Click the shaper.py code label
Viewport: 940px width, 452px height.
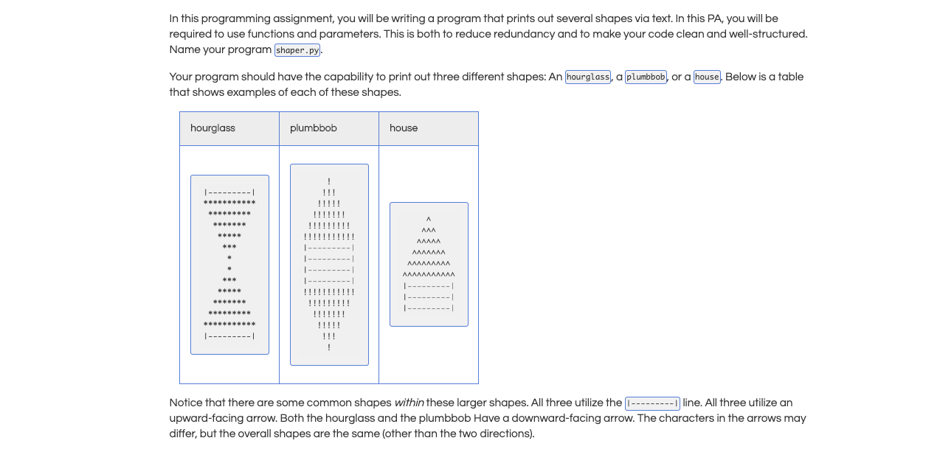coord(298,50)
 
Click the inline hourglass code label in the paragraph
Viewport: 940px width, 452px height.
coord(588,77)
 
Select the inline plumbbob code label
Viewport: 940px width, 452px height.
coord(646,77)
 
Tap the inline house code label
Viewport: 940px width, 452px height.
coord(707,77)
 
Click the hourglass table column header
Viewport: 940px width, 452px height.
coord(213,128)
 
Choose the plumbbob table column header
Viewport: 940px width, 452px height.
coord(314,128)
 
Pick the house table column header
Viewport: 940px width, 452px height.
coord(404,128)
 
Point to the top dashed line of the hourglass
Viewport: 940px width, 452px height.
coord(229,192)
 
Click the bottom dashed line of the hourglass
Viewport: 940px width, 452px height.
coord(229,336)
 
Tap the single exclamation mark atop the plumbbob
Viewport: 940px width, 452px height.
coord(329,181)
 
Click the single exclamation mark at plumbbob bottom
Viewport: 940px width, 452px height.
coord(329,347)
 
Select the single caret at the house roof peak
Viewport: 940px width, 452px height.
coord(429,219)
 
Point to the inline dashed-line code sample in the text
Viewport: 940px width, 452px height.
coord(652,403)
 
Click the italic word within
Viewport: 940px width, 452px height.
coord(409,403)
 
